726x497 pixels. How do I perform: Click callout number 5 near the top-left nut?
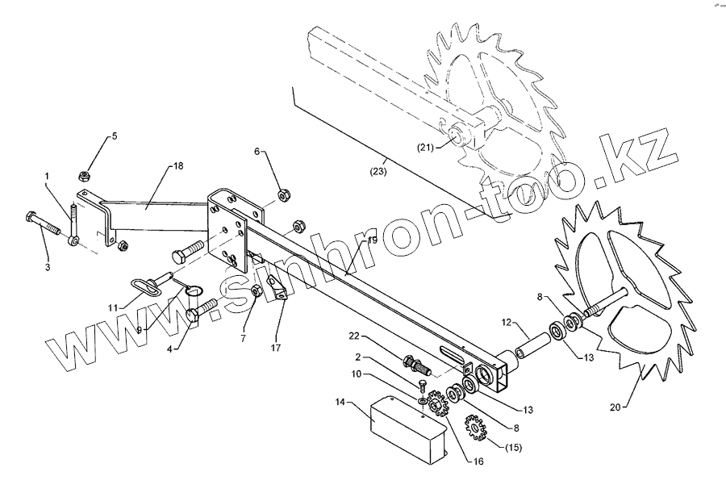point(114,136)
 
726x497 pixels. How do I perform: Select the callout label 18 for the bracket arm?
point(177,166)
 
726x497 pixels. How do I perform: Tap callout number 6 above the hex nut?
point(258,151)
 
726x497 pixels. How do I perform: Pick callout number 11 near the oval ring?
point(113,307)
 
